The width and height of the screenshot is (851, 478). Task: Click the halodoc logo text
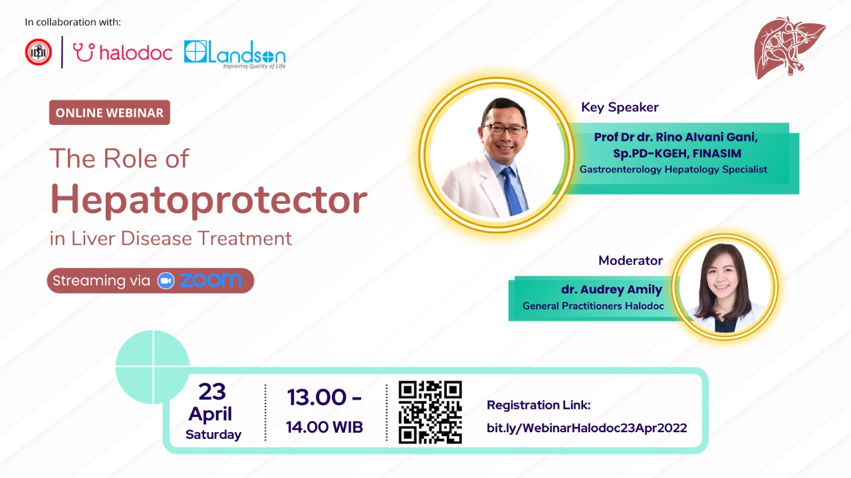click(x=136, y=52)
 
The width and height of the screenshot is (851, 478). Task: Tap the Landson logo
click(x=235, y=54)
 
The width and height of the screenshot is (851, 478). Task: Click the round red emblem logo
click(x=39, y=52)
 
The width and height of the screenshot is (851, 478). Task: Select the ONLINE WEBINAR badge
click(x=110, y=113)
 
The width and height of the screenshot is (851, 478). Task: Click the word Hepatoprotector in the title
click(x=209, y=200)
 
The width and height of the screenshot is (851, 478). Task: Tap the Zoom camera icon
click(x=166, y=281)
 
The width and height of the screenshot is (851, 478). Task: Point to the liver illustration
click(x=789, y=47)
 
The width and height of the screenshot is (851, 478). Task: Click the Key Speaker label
click(x=620, y=108)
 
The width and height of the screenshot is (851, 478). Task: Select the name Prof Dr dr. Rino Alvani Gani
click(x=676, y=137)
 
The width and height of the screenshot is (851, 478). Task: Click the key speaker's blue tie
click(x=512, y=192)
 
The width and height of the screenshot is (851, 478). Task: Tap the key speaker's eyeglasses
click(x=505, y=129)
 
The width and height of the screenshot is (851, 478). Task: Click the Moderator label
click(x=631, y=261)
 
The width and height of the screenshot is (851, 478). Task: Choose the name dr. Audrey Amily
click(x=612, y=289)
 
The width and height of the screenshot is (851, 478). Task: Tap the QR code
click(x=430, y=412)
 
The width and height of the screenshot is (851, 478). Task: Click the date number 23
click(x=212, y=392)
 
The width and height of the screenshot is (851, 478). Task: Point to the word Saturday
click(x=213, y=434)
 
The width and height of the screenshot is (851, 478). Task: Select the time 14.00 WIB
click(x=324, y=427)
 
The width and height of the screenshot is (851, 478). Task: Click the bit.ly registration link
click(x=587, y=428)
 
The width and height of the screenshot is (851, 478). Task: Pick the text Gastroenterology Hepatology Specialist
click(x=673, y=169)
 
